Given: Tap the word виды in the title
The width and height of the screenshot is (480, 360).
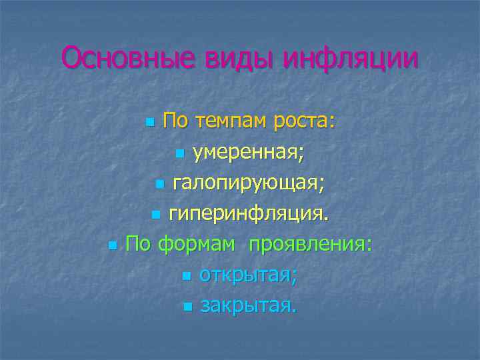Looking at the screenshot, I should pyautogui.click(x=230, y=58).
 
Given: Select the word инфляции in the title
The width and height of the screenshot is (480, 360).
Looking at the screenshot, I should pyautogui.click(x=351, y=58).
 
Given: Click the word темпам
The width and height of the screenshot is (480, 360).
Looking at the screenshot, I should pyautogui.click(x=231, y=123).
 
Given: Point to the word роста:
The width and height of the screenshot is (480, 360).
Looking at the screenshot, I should pyautogui.click(x=303, y=123).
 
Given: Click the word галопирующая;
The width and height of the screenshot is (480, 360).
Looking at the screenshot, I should pyautogui.click(x=249, y=183).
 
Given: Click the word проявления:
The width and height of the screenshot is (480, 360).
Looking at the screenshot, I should pyautogui.click(x=310, y=243).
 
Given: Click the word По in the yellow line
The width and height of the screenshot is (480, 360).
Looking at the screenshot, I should pyautogui.click(x=176, y=123).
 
